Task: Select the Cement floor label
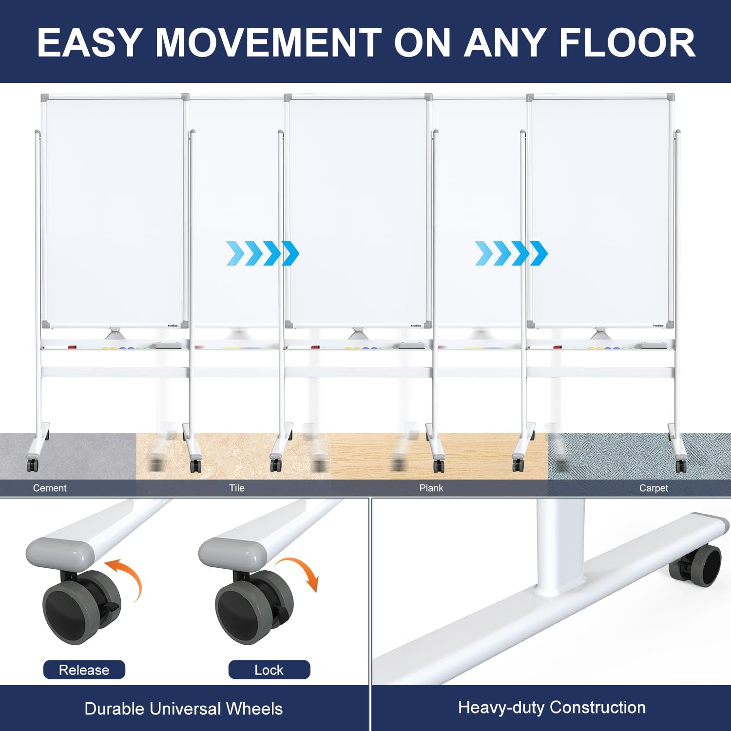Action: [x=50, y=488]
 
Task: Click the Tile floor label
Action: [x=237, y=488]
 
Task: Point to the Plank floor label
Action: [x=431, y=488]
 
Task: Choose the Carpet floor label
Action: [x=654, y=488]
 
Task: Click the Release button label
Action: [x=84, y=670]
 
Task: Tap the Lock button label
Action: [x=269, y=670]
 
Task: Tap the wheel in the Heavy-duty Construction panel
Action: [x=695, y=565]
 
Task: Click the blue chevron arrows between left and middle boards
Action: [x=263, y=253]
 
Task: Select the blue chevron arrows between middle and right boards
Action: [x=511, y=253]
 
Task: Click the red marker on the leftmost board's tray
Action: [x=72, y=347]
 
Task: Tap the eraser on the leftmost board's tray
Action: [x=168, y=346]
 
